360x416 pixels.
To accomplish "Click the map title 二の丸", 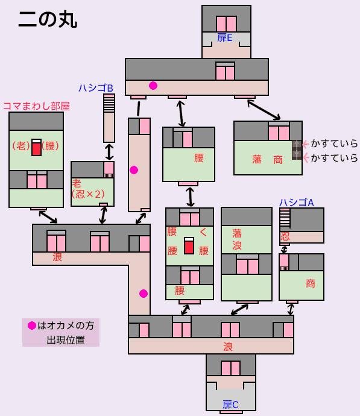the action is pyautogui.click(x=48, y=20).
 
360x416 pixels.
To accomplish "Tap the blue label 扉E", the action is pyautogui.click(x=225, y=37).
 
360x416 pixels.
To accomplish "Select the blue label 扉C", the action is pyautogui.click(x=230, y=405).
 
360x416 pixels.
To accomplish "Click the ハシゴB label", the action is pyautogui.click(x=96, y=88).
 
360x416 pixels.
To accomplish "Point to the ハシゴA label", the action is pyautogui.click(x=296, y=203).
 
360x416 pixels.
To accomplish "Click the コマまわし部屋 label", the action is pyautogui.click(x=36, y=106).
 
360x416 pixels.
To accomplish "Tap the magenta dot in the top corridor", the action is pyautogui.click(x=153, y=86).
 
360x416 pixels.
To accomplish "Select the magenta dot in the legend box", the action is pyautogui.click(x=32, y=326).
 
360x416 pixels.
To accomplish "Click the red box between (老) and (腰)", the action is pyautogui.click(x=36, y=147).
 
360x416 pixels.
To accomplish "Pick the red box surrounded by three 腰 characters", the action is pyautogui.click(x=189, y=245).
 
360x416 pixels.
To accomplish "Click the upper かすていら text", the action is pyautogui.click(x=334, y=143).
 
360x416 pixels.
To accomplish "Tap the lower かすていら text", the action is pyautogui.click(x=334, y=158).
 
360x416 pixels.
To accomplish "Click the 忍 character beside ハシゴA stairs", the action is pyautogui.click(x=285, y=236).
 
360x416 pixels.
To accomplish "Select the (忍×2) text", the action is pyautogui.click(x=88, y=194).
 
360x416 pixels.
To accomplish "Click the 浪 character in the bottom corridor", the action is pyautogui.click(x=228, y=347).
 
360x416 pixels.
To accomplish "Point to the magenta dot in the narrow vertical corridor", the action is pyautogui.click(x=134, y=170).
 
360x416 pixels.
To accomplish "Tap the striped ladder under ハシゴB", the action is pyautogui.click(x=109, y=104).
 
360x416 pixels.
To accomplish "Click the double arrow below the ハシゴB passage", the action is pyautogui.click(x=109, y=152).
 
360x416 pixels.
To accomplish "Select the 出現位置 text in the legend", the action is pyautogui.click(x=66, y=340).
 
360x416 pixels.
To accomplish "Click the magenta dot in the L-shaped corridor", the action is pyautogui.click(x=144, y=294).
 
